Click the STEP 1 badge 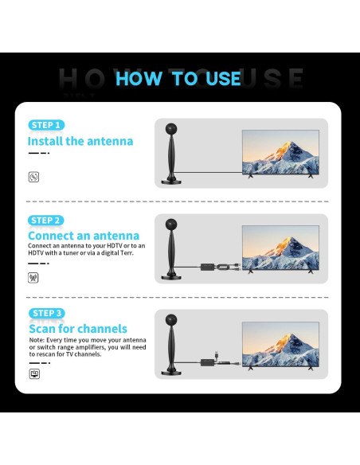pyautogui.click(x=46, y=125)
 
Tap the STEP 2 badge pyautogui.click(x=46, y=220)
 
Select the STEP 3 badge pyautogui.click(x=46, y=313)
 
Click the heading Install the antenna pyautogui.click(x=80, y=141)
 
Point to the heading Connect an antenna pyautogui.click(x=84, y=236)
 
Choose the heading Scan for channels pyautogui.click(x=78, y=329)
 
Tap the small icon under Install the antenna pyautogui.click(x=33, y=177)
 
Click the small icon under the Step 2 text pyautogui.click(x=33, y=278)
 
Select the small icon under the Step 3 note pyautogui.click(x=34, y=372)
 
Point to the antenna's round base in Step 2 pyautogui.click(x=172, y=276)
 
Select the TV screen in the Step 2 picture pyautogui.click(x=280, y=245)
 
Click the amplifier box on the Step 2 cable pyautogui.click(x=213, y=266)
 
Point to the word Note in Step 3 pyautogui.click(x=37, y=340)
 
